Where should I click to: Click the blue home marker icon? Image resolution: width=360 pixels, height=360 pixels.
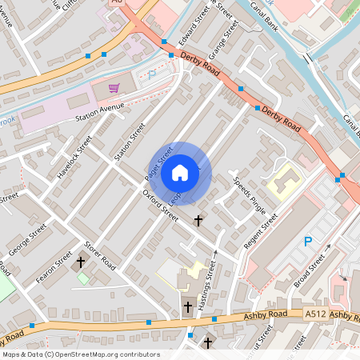[x=180, y=172]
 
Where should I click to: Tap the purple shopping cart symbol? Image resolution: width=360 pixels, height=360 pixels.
[x=114, y=87]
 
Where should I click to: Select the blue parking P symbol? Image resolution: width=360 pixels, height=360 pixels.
[x=308, y=242]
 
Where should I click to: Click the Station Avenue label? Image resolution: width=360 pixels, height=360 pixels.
[x=100, y=107]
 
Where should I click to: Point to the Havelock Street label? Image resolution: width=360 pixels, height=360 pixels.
[x=76, y=156]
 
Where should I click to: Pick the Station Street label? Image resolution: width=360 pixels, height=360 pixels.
[x=130, y=141]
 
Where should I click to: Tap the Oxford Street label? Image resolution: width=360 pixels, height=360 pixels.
[x=160, y=203]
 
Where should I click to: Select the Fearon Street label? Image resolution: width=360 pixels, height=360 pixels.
[x=54, y=268]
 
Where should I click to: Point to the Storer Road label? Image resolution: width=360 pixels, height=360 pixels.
[x=102, y=256]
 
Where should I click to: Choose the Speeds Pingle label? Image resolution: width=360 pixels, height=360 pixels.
[x=249, y=193]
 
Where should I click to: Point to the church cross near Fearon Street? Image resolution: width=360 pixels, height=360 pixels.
[x=80, y=262]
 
